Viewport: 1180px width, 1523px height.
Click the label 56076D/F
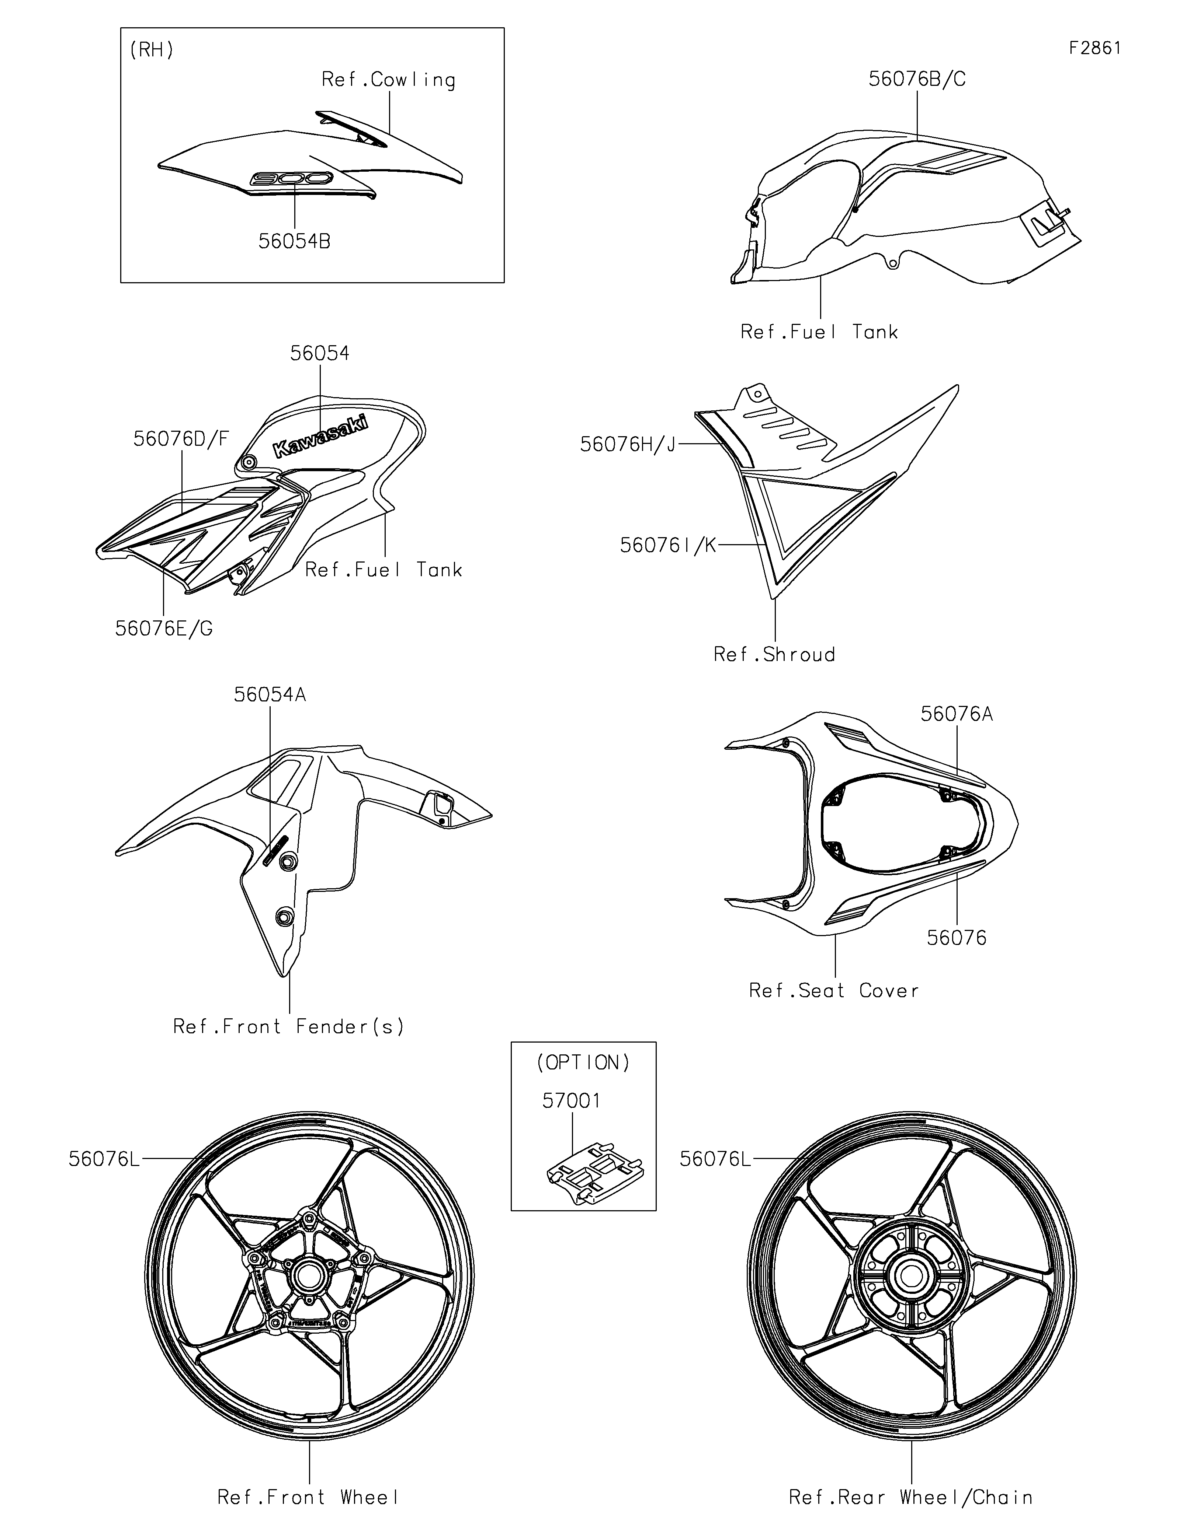click(x=181, y=439)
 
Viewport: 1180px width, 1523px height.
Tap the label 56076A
click(x=956, y=714)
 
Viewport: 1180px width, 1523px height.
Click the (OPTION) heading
click(x=583, y=1063)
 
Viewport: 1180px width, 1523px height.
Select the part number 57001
click(x=572, y=1101)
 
